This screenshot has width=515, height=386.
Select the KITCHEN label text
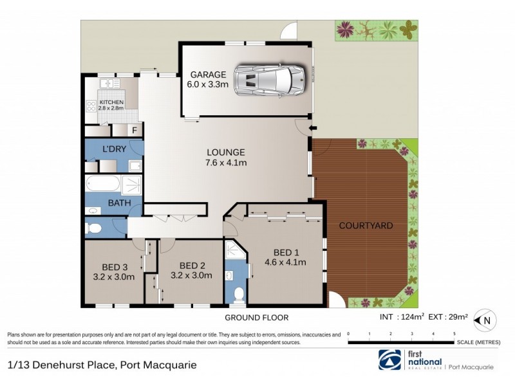coord(111,102)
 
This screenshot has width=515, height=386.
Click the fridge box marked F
coord(134,131)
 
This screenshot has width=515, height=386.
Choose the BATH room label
coord(120,203)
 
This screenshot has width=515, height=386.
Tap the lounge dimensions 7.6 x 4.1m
coord(226,163)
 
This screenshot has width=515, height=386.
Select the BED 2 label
coord(192,266)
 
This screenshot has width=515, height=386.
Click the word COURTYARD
coord(366,226)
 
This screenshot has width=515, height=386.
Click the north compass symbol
coord(486,319)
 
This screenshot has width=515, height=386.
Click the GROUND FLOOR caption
coord(256,318)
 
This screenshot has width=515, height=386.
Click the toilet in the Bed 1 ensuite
coord(238,295)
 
